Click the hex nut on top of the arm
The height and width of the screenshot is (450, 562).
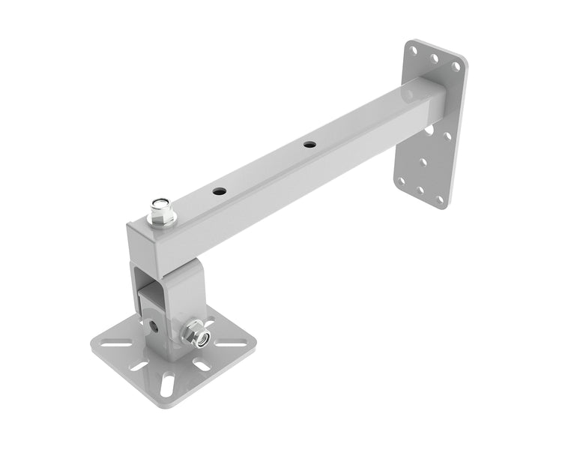click(162, 212)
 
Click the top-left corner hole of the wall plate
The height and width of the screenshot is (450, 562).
click(414, 48)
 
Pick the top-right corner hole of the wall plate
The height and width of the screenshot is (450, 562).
click(456, 67)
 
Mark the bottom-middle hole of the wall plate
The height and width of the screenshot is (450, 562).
click(423, 192)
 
